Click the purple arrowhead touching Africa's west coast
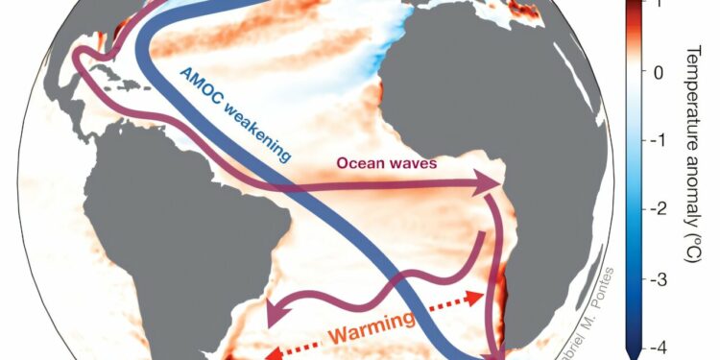(x=491, y=183)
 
